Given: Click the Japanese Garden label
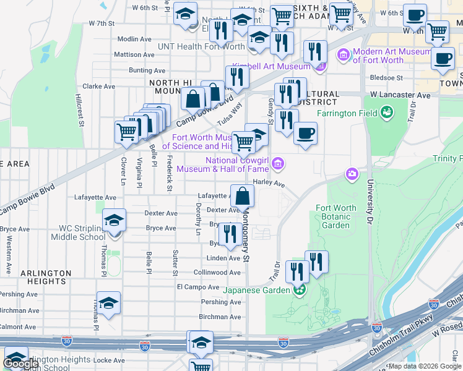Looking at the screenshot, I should (x=257, y=290).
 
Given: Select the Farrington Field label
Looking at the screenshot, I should (x=347, y=113).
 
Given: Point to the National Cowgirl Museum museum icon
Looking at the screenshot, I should (x=278, y=164).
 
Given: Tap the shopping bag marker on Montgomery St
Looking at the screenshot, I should (x=242, y=195).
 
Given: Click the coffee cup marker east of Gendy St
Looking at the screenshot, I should (x=305, y=133).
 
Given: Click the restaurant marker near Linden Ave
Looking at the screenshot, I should (x=229, y=233).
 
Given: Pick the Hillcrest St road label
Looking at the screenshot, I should (x=79, y=111).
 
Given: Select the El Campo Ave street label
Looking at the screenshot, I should (x=198, y=287).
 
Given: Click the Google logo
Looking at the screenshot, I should (x=21, y=364).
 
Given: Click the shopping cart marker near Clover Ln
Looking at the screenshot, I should (x=126, y=131).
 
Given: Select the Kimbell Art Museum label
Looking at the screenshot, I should (x=271, y=66).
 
